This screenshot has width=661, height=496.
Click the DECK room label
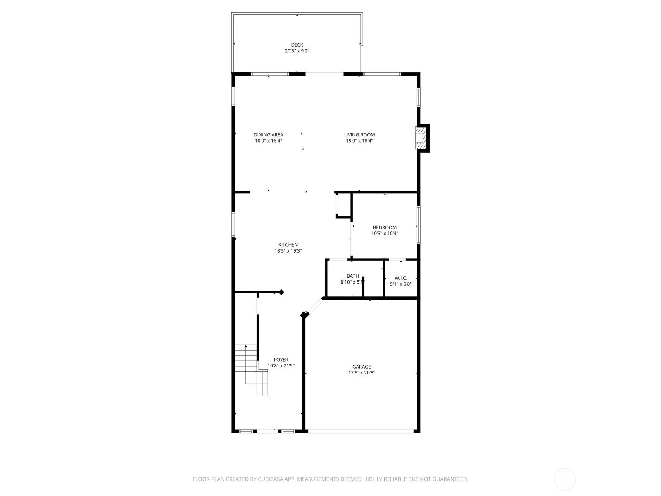pos(297,45)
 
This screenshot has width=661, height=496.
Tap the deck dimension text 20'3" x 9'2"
pos(297,51)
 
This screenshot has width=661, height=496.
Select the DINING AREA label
pos(269,135)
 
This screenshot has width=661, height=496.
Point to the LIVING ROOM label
pos(359,135)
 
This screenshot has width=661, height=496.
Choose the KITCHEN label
pos(288,245)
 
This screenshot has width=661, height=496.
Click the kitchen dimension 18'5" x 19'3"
pos(288,251)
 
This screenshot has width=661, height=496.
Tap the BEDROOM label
pos(385,227)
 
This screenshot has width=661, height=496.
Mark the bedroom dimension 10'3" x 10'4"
pos(385,234)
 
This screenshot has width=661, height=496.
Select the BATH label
pos(353,276)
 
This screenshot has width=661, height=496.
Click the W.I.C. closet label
pos(401,278)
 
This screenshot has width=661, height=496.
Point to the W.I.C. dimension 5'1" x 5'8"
pos(401,284)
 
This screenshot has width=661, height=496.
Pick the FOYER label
pos(281,360)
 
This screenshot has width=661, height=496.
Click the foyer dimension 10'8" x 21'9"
pos(281,366)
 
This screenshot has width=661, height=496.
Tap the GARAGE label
pos(361,367)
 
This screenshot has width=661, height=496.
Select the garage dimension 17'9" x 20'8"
pos(361,373)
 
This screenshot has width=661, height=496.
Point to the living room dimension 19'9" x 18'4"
pos(359,141)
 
